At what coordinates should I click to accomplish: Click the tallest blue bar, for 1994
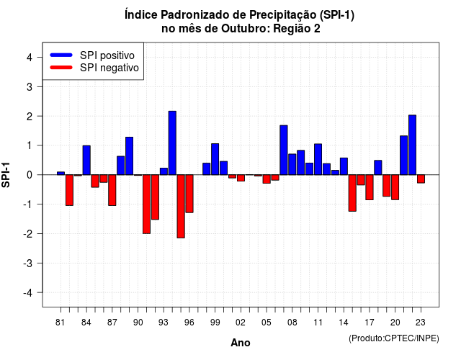172,143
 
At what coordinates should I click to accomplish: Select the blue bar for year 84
86,160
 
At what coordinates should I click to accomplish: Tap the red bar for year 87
112,190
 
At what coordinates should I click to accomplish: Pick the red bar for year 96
189,194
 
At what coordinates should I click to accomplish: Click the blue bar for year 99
215,159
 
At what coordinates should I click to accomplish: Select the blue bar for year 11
318,159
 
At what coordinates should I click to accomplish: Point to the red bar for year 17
370,187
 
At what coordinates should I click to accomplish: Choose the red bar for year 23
421,179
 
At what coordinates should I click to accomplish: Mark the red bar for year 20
395,187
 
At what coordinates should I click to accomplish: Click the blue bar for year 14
344,166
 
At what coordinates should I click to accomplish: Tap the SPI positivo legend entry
92,55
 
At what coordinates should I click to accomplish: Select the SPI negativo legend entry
94,68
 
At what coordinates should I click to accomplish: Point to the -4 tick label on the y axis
29,293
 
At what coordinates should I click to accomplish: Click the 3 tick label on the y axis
30,86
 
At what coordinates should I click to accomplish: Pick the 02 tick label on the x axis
240,323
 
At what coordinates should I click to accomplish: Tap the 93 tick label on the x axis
164,323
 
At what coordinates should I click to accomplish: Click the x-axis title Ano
241,343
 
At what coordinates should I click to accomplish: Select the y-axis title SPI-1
6,175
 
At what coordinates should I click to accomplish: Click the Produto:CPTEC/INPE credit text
394,338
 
